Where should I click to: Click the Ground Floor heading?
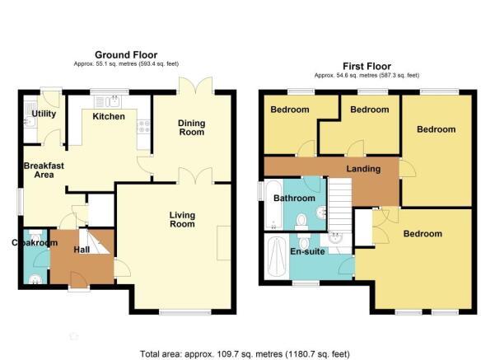pos(126,55)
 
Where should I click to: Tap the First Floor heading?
pos(367,66)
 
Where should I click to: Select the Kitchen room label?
pos(109,116)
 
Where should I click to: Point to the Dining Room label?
pos(192,128)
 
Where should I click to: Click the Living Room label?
pos(182,219)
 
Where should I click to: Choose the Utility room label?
pos(44,114)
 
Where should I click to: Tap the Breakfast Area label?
pos(44,171)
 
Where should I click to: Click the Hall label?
pos(82,250)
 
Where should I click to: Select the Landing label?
pos(363,169)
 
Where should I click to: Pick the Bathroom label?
pos(294,198)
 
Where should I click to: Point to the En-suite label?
pos(307,251)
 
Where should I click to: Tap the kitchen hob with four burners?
pos(143,127)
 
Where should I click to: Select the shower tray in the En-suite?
pos(277,257)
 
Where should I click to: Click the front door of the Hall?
pos(79,280)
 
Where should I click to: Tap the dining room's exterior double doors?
pos(196,86)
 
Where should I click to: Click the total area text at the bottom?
pos(245,354)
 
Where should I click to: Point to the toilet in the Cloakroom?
pos(35,236)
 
